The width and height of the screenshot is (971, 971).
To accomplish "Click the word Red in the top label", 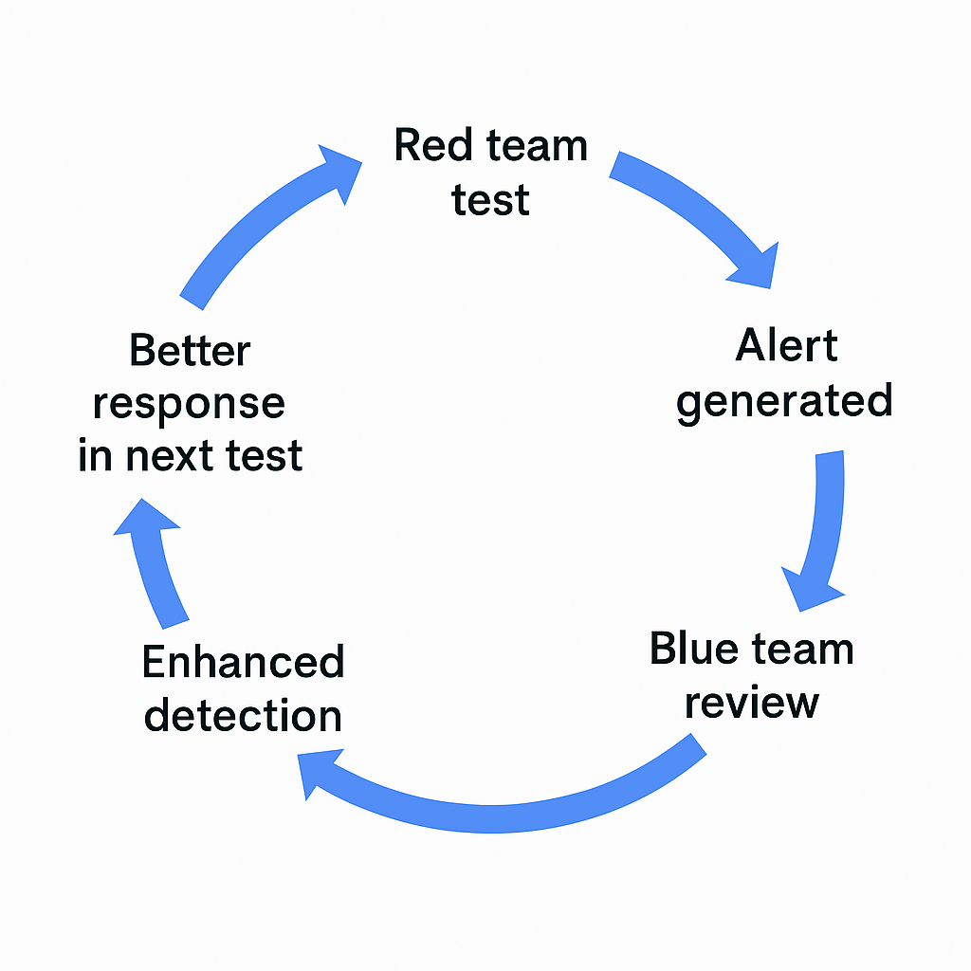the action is click(432, 145).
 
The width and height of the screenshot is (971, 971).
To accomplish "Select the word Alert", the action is click(786, 345).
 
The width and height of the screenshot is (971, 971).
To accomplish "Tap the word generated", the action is click(784, 402).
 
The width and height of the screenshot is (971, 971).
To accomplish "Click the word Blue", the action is click(693, 649).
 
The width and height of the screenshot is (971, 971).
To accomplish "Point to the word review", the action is click(752, 703).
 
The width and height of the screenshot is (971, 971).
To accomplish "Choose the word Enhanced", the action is click(244, 662).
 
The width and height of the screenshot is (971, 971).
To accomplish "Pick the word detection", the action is click(243, 715).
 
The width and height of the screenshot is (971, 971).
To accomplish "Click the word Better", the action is click(190, 351).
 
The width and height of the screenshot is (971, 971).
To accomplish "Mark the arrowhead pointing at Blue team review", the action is click(812, 590).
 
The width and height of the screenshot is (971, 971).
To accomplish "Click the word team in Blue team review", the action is click(802, 650).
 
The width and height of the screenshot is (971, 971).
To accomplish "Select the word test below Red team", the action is click(490, 201).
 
